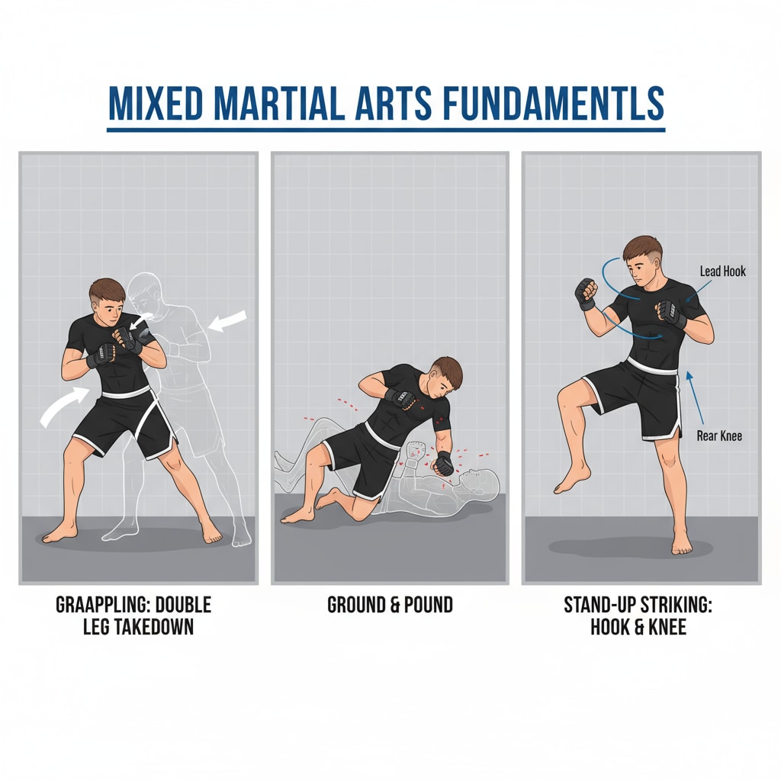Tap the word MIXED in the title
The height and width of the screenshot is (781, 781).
coord(156,103)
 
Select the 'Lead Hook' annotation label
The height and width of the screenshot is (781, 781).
coord(723,272)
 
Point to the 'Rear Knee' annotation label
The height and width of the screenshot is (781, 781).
coord(719,435)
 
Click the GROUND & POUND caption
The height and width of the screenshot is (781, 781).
coord(390,605)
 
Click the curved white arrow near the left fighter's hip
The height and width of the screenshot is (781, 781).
coord(65,406)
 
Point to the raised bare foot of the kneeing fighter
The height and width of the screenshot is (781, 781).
coord(573,478)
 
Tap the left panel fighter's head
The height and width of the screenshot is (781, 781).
coord(108,302)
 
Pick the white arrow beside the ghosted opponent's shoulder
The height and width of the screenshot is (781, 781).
coord(227,320)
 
